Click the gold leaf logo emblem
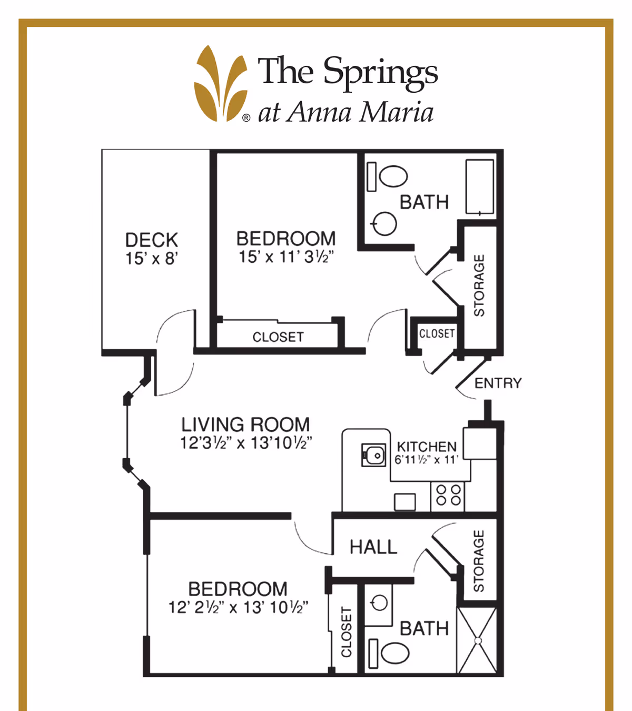click(221, 84)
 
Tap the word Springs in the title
click(380, 72)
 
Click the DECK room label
click(151, 240)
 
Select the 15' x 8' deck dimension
click(151, 259)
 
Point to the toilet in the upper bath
click(393, 176)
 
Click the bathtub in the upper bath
click(479, 187)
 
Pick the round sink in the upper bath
click(385, 224)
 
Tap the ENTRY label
click(498, 383)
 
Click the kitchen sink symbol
click(373, 455)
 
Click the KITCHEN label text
click(427, 447)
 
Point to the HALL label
click(373, 547)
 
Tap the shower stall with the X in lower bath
click(477, 640)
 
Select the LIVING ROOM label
click(245, 424)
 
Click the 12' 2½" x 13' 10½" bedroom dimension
click(238, 607)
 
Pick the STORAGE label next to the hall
click(478, 561)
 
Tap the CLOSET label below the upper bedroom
click(278, 337)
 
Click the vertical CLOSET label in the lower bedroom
click(346, 632)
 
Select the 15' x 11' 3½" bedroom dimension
click(286, 257)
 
